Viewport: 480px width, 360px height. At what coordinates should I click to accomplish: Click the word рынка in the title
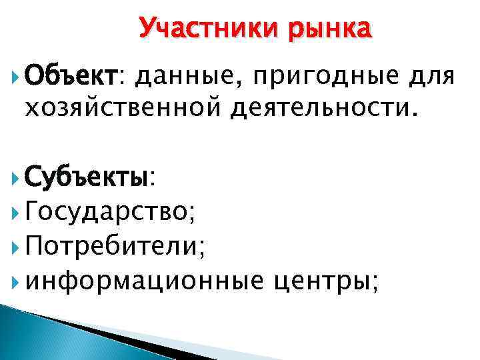click(x=331, y=29)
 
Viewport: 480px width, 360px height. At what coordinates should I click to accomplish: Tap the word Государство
click(x=107, y=213)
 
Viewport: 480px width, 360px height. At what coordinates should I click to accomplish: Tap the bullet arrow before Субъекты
click(x=15, y=178)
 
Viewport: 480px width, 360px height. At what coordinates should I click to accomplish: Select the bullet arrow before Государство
click(x=15, y=213)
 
